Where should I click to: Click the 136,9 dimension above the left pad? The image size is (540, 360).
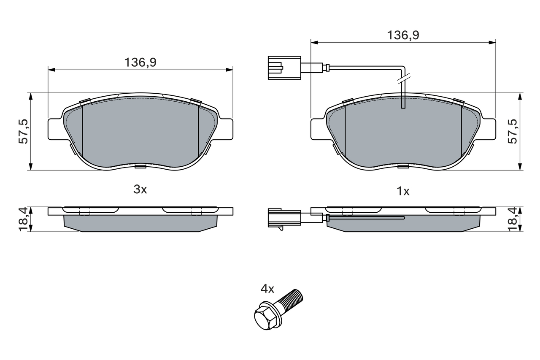tap(140, 62)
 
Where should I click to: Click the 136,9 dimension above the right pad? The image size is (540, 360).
tap(403, 35)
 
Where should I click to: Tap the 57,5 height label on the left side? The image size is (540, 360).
tap(24, 131)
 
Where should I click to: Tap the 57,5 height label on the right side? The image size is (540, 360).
tap(513, 131)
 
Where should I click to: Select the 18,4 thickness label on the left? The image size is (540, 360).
tap(24, 219)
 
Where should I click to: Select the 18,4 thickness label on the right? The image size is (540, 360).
tap(513, 219)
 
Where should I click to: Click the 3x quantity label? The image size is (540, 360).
tap(140, 190)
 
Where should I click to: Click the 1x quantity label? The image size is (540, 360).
tap(403, 192)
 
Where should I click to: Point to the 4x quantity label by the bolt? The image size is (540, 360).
tap(267, 289)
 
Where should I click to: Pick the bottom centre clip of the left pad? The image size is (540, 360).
tap(140, 166)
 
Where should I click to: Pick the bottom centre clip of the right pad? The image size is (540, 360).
tap(403, 166)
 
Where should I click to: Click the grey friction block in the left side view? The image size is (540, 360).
tap(140, 223)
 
